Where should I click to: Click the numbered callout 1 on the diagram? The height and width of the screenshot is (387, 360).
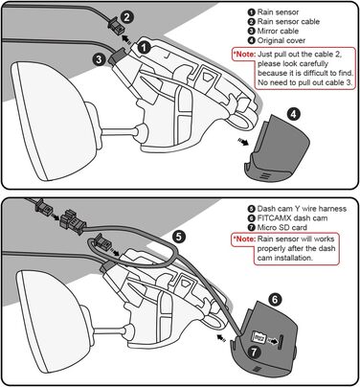tap(144, 44)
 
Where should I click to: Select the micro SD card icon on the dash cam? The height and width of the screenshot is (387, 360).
tap(258, 338)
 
